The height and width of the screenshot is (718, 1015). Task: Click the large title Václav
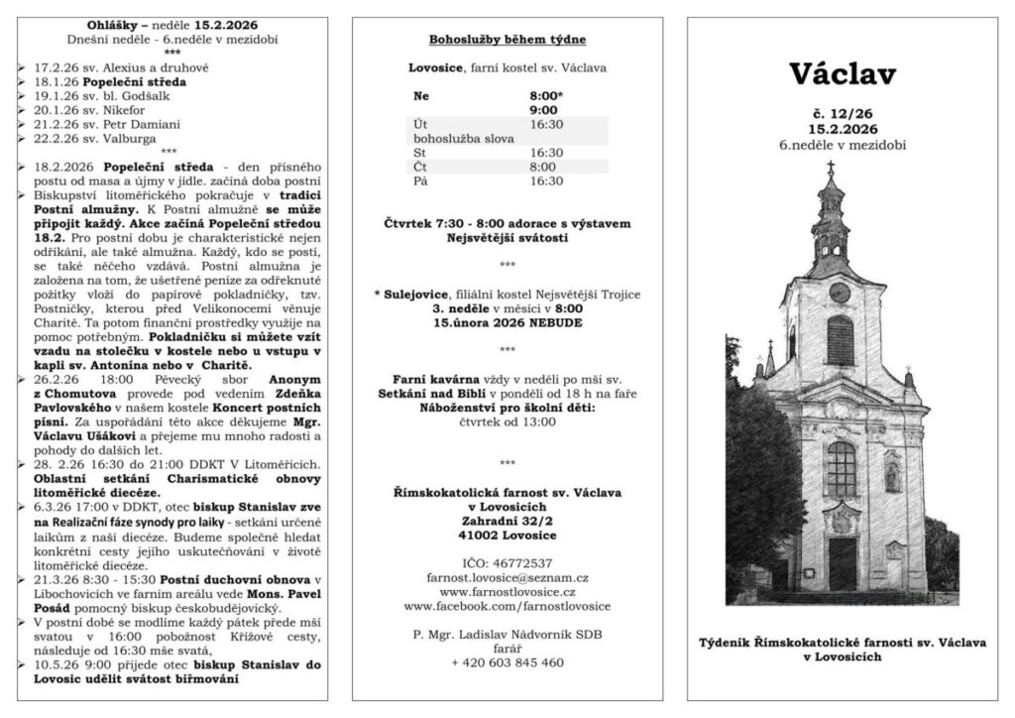843,73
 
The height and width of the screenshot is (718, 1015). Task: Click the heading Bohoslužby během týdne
507,41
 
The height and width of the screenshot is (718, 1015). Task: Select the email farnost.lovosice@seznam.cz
507,576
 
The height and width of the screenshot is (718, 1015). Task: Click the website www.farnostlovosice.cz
507,591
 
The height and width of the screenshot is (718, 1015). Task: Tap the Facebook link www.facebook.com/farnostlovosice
507,605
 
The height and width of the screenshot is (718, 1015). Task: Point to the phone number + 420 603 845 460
507,662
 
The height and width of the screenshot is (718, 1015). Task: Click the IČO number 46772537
507,562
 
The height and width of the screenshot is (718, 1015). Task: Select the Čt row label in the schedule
420,168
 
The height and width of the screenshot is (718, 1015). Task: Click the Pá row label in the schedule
420,181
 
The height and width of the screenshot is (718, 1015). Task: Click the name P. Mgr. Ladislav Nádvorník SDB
507,634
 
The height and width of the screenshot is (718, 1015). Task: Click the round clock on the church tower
839,293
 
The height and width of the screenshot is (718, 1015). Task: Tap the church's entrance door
843,562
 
